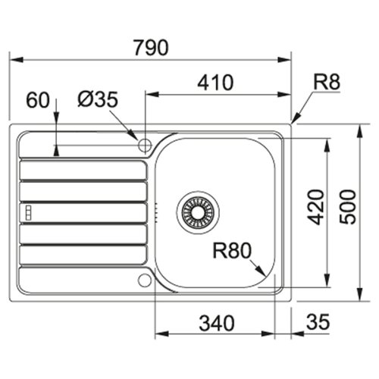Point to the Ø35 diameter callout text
(96, 99)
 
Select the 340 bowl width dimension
(214, 324)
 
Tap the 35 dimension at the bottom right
(318, 324)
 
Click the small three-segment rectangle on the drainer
(28, 211)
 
